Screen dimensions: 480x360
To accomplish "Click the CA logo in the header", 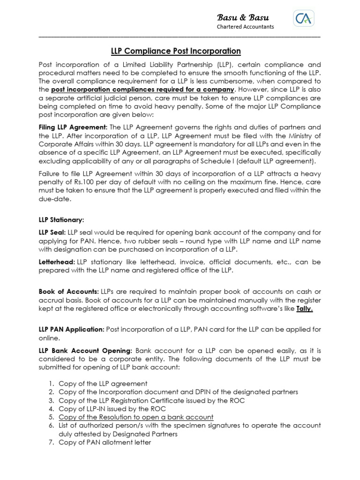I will [304, 19].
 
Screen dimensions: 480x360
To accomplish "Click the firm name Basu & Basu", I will [242, 17].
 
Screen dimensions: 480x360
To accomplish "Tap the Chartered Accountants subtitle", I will [245, 27].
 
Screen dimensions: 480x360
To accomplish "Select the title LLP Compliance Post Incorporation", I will [176, 51].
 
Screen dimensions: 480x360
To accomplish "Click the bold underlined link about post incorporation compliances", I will [142, 89].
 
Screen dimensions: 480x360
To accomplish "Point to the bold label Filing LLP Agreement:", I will [73, 127].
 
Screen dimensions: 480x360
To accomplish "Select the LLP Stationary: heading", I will [61, 219].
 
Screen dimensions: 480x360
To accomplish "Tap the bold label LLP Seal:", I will [52, 232].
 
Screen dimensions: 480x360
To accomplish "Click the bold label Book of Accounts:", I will [68, 292].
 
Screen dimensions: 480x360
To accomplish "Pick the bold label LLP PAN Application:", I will [71, 330].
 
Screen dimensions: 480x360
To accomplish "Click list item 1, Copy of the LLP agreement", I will [103, 383].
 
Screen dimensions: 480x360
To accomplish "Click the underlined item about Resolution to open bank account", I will [136, 417].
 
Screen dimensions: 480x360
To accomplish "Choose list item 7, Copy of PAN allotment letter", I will [105, 442].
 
